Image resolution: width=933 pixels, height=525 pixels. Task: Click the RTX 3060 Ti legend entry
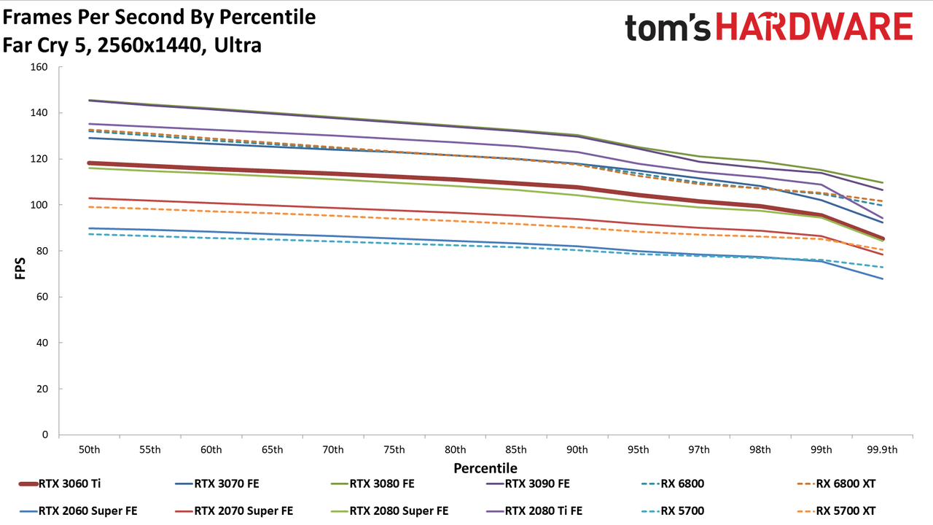point(60,483)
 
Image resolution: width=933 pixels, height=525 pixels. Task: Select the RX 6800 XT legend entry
point(836,483)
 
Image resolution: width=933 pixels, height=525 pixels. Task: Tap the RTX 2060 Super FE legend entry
point(78,511)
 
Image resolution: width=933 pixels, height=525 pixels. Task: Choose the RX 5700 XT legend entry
point(836,511)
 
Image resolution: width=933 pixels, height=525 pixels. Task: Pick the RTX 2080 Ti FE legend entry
point(534,511)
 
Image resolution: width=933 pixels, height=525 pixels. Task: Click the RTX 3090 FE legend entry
point(528,483)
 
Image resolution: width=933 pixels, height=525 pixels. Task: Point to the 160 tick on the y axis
point(39,67)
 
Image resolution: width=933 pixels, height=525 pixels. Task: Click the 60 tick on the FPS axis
point(42,297)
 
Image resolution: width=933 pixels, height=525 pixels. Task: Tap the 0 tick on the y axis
point(44,435)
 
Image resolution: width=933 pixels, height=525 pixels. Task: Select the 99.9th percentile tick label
point(882,450)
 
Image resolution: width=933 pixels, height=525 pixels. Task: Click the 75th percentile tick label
point(394,450)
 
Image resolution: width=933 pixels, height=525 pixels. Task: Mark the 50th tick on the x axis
point(89,450)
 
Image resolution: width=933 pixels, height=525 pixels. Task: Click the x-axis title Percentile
point(485,468)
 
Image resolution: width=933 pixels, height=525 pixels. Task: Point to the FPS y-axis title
point(20,268)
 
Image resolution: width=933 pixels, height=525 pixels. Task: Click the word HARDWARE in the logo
point(814,27)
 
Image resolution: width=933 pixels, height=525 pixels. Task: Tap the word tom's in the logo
point(668,28)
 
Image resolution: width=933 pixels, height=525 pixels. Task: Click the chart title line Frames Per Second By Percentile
point(159,17)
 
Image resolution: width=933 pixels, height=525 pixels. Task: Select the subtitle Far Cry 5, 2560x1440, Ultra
point(132,45)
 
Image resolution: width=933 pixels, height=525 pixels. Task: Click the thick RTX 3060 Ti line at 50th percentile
point(89,163)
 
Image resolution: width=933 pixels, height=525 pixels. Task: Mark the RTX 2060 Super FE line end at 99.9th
point(882,279)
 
